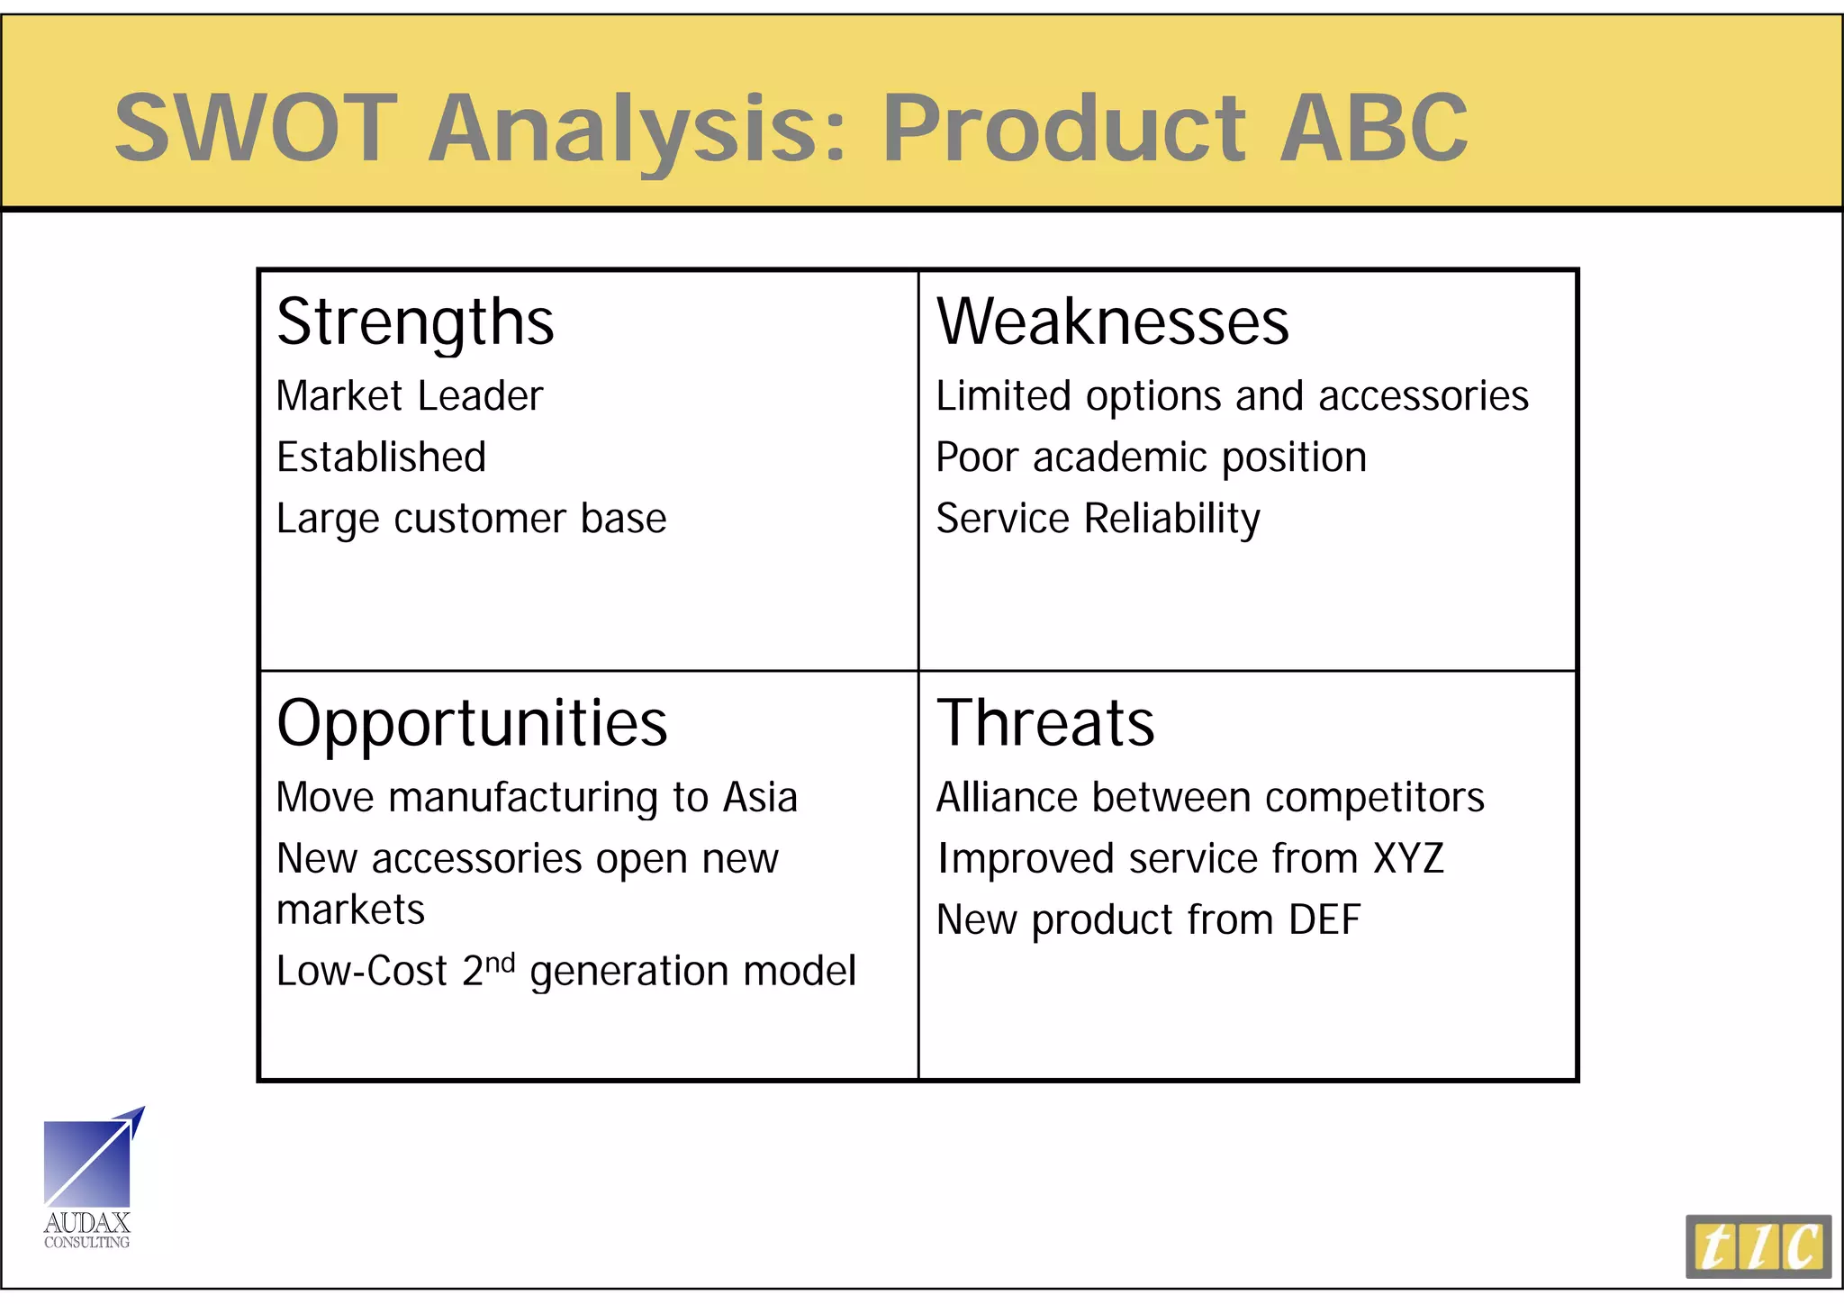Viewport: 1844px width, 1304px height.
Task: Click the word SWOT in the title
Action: [256, 128]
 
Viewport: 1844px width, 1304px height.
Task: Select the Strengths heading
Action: [415, 323]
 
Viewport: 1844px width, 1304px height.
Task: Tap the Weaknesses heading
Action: [1112, 321]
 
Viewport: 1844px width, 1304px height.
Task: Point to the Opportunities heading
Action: [472, 724]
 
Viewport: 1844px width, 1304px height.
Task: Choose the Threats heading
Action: [1045, 724]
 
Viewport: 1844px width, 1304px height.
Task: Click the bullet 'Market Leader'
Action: [410, 396]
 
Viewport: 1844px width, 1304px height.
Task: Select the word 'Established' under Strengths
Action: [381, 457]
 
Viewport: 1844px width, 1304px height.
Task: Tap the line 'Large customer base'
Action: [471, 520]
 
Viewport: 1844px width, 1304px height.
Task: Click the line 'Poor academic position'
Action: [1151, 457]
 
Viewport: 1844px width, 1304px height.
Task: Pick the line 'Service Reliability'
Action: [1098, 520]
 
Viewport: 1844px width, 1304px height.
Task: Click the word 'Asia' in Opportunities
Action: [761, 798]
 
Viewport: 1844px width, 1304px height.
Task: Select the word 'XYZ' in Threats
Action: [1408, 858]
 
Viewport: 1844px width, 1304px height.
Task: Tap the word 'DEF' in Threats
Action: [1324, 920]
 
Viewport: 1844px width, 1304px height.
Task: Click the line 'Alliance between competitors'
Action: [1210, 798]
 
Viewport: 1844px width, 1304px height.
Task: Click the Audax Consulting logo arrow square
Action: [87, 1163]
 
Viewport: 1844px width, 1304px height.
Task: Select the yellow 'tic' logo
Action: [1758, 1246]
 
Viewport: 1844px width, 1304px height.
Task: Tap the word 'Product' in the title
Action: [1063, 128]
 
